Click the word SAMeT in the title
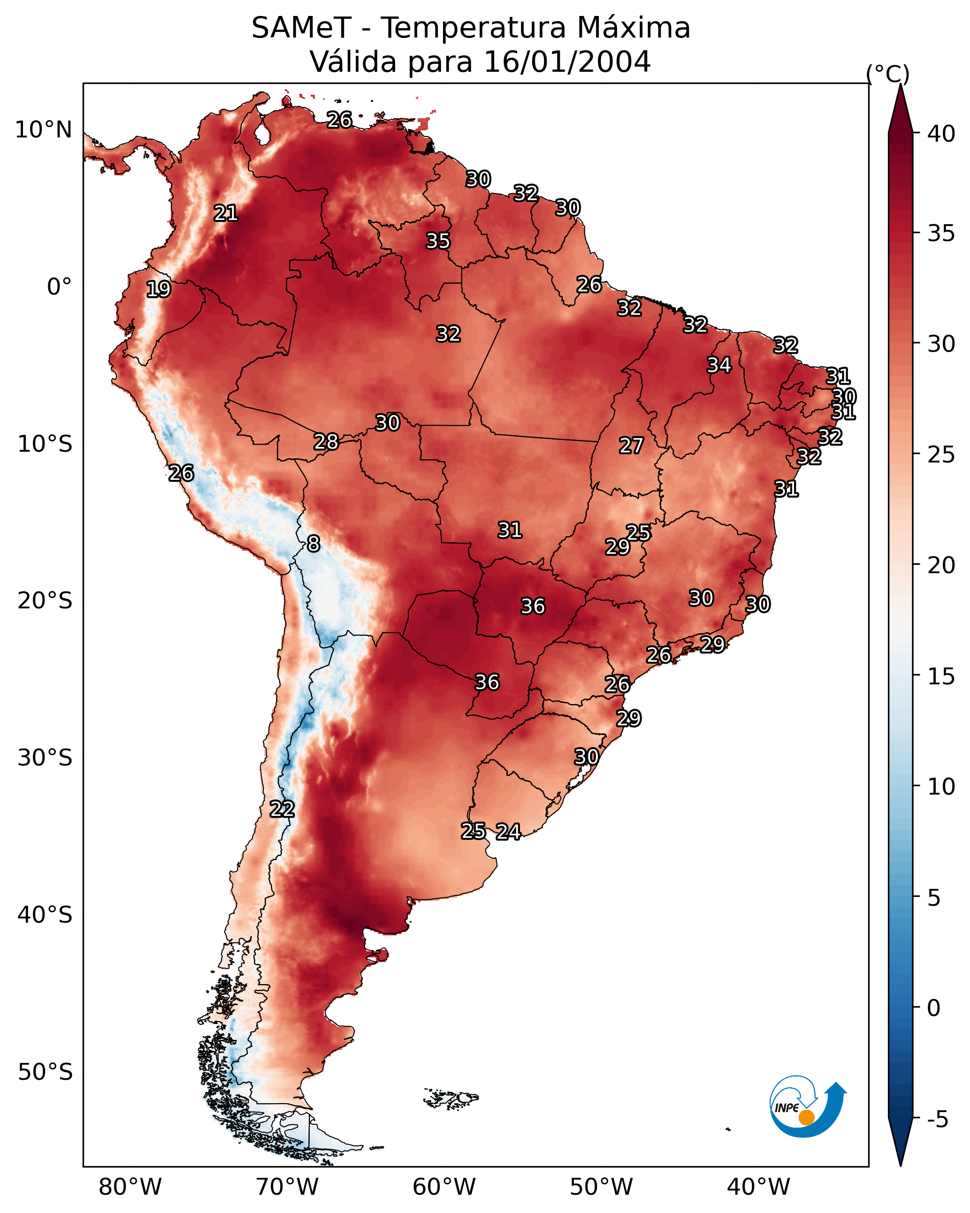(x=301, y=28)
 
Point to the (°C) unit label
(x=887, y=74)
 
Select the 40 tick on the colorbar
(x=941, y=134)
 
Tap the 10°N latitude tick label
(x=43, y=130)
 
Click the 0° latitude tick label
(x=59, y=287)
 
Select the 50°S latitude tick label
(x=45, y=1072)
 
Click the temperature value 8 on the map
(x=313, y=544)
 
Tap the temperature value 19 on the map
(x=158, y=289)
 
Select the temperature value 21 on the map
(x=226, y=213)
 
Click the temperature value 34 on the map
(x=719, y=365)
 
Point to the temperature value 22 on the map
(x=282, y=810)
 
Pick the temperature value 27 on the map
(x=631, y=446)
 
